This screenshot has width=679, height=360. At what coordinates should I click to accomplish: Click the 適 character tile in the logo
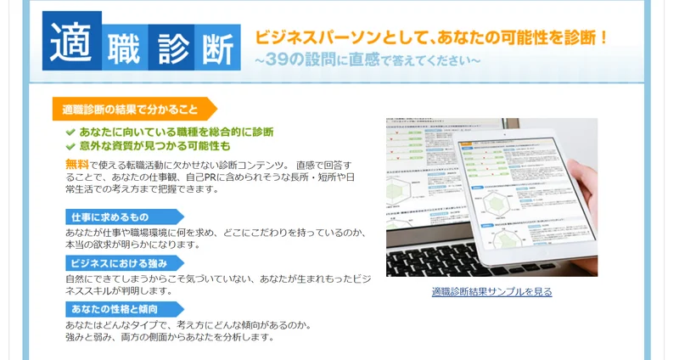click(72, 40)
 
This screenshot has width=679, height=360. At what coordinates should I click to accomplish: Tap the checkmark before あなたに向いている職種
click(70, 132)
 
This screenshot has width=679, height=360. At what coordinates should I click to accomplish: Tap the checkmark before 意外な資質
click(70, 146)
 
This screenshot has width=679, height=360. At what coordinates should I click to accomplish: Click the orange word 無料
click(76, 164)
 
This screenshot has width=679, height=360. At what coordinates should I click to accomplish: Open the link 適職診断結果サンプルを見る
click(491, 292)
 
